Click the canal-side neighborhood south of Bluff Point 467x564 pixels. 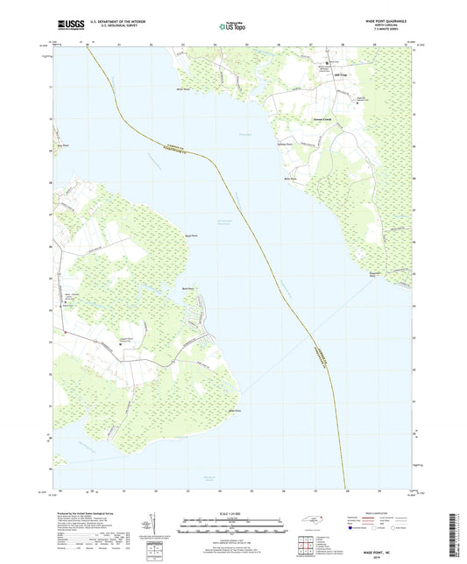[x=204, y=312]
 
